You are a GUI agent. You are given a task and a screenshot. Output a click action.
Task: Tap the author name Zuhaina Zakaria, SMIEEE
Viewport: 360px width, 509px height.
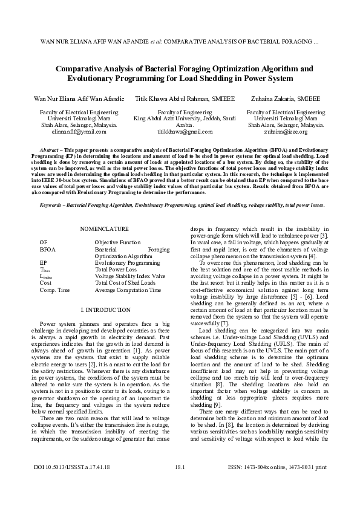tap(286, 98)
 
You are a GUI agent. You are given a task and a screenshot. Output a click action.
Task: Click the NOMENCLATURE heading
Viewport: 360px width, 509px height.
tap(105, 229)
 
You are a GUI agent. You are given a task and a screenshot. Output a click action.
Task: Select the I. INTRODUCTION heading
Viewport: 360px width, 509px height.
tap(105, 310)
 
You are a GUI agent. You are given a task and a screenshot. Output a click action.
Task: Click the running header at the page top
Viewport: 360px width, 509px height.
tap(180, 42)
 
